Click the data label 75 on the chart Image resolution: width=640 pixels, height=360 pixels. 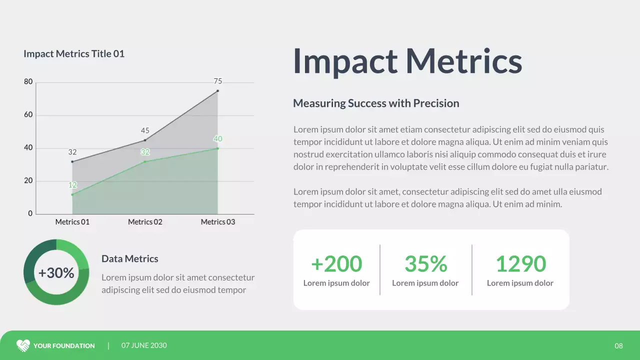(x=217, y=81)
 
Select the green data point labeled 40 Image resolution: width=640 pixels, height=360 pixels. (x=217, y=148)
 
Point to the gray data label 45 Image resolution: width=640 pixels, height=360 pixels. (x=145, y=131)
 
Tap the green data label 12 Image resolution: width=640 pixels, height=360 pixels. (x=72, y=185)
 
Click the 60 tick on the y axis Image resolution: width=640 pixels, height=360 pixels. (x=28, y=115)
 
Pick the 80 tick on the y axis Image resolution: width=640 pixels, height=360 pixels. (x=28, y=82)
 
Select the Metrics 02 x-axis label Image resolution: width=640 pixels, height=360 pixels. (x=145, y=222)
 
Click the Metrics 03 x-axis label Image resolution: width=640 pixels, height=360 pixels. (x=217, y=222)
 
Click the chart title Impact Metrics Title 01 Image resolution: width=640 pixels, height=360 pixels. (x=74, y=54)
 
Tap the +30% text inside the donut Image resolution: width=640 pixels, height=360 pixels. (x=56, y=273)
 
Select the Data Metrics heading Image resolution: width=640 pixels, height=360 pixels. (x=129, y=259)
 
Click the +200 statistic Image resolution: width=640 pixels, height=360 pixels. (x=336, y=264)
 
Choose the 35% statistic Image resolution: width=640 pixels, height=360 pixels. (x=425, y=264)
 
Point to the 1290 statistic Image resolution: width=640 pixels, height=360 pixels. (x=520, y=264)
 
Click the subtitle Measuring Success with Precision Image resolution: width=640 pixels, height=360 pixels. (x=376, y=103)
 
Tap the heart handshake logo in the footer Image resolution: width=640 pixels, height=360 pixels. (x=23, y=345)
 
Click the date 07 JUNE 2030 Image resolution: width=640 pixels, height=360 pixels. (x=144, y=345)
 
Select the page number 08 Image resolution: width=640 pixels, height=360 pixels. (x=618, y=346)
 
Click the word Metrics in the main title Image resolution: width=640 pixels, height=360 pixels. (x=463, y=61)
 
